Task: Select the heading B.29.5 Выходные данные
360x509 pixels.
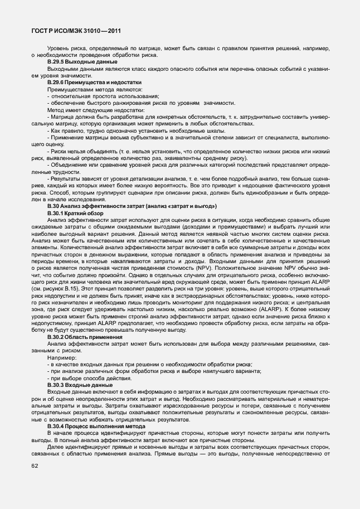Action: [x=79, y=62]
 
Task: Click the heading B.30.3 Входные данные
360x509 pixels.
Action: [x=77, y=385]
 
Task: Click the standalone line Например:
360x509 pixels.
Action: [x=63, y=358]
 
